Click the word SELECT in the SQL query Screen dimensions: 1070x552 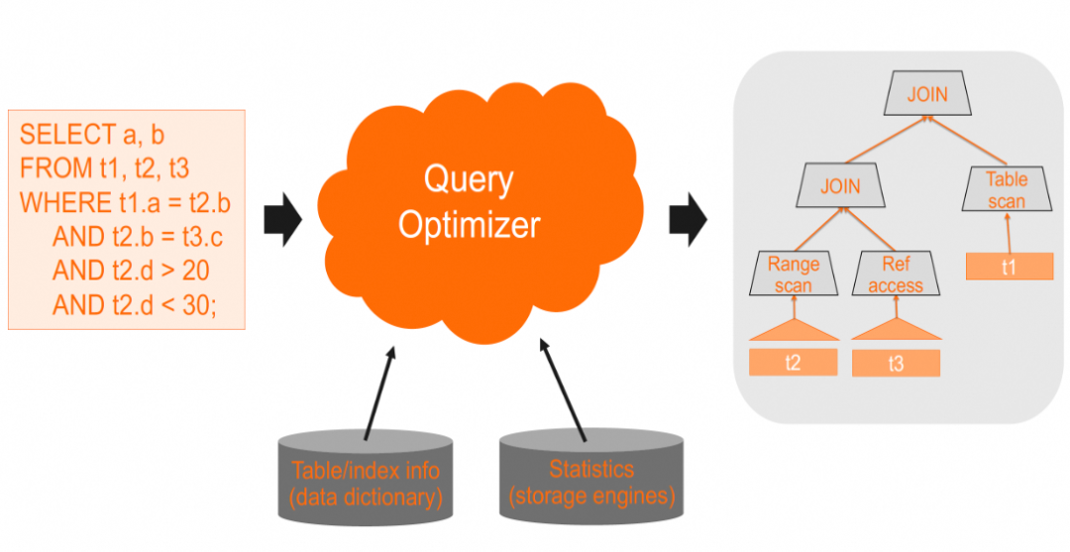point(67,135)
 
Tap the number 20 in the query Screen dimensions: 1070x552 point(195,271)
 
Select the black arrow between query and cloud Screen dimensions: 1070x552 point(282,219)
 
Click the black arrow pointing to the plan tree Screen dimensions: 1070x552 point(688,219)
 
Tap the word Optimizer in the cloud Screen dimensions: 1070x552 point(470,223)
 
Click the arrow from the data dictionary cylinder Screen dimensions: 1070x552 point(379,391)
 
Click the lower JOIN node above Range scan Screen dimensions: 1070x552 point(840,186)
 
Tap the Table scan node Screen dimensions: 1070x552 point(1007,190)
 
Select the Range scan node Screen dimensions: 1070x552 point(794,274)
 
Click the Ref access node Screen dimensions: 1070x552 point(896,274)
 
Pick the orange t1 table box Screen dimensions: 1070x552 point(1009,267)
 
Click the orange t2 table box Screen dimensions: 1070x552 point(793,362)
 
